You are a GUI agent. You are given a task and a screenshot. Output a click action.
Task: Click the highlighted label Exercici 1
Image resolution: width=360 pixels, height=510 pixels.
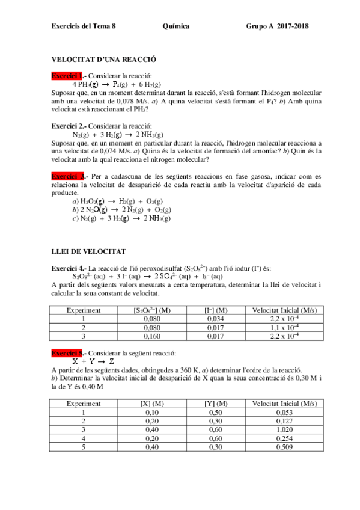click(x=67, y=76)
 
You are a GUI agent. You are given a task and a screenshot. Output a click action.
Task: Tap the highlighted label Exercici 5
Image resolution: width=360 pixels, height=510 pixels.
click(x=68, y=353)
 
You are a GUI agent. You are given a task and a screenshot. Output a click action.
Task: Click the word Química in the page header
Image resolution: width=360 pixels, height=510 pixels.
click(x=176, y=26)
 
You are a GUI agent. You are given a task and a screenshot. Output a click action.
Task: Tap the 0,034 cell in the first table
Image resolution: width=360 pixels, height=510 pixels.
click(x=215, y=319)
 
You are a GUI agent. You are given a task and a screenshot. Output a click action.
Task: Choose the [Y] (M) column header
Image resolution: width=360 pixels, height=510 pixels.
click(x=215, y=404)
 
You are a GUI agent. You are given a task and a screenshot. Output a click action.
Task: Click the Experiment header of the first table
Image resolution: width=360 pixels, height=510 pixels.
click(x=84, y=310)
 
